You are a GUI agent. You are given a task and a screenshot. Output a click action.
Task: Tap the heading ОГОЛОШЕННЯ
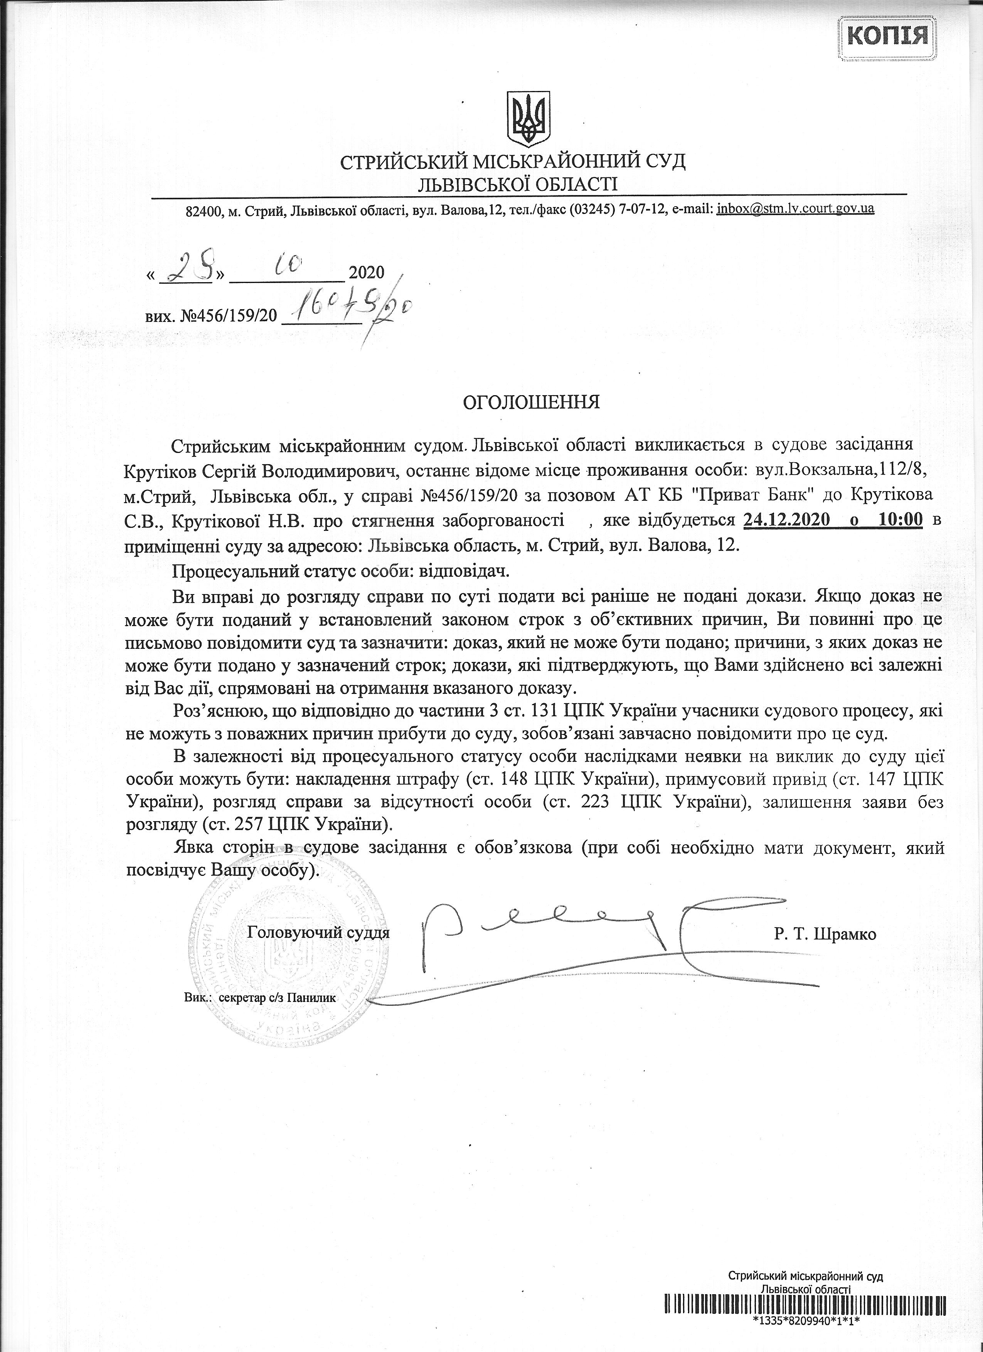point(532,402)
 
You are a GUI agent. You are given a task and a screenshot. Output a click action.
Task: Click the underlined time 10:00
point(900,520)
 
